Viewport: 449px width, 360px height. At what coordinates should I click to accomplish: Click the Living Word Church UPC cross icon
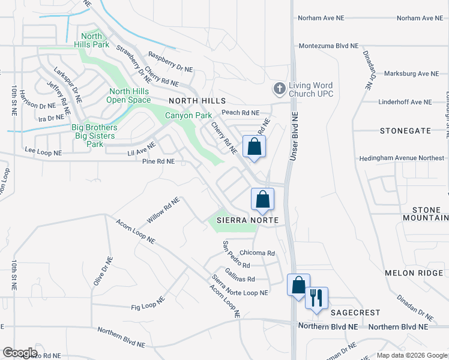(279, 89)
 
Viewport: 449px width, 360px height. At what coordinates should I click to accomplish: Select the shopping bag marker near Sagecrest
(298, 285)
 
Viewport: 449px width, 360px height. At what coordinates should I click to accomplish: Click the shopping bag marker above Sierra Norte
(262, 199)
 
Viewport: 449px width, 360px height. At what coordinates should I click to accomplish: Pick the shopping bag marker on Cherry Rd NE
(254, 146)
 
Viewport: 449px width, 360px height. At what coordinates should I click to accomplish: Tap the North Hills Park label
(91, 41)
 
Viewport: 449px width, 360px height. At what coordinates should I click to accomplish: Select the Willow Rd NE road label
(163, 210)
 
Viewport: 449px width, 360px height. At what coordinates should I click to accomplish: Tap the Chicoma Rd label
(257, 253)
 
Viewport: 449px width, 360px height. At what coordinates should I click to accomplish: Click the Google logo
(20, 353)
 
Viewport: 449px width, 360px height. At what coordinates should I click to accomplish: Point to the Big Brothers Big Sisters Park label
(95, 136)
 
